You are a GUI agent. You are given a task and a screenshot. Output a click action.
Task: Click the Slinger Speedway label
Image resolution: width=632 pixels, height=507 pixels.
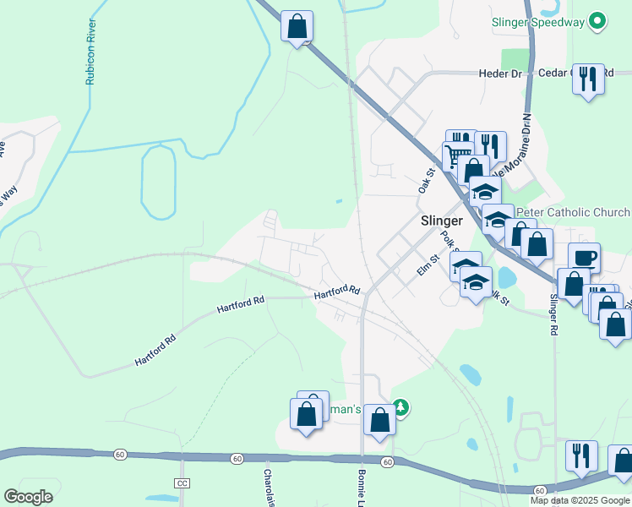(x=539, y=22)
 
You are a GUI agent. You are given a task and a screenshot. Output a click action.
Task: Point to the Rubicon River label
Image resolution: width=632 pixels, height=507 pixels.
(x=90, y=52)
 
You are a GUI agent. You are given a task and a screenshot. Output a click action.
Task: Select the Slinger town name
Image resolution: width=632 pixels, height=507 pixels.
(x=441, y=220)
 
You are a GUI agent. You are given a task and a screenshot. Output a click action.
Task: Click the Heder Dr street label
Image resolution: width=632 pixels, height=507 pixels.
(x=502, y=74)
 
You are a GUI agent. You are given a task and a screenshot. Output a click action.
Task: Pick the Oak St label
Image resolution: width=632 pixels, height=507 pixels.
(x=425, y=181)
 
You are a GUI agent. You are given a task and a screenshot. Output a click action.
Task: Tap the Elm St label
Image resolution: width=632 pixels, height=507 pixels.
(x=429, y=265)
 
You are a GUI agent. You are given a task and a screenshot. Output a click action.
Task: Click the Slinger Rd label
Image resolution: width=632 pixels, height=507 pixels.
(x=554, y=314)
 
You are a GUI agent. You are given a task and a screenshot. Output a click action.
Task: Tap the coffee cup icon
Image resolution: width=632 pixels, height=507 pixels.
(x=584, y=257)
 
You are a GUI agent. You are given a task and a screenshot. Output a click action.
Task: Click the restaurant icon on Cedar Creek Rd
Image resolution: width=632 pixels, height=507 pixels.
(x=588, y=79)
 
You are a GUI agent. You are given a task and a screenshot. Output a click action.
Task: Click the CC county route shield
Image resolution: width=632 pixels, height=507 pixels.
(x=183, y=482)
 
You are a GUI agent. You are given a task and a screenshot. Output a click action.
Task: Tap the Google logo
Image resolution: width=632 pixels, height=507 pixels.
(x=28, y=497)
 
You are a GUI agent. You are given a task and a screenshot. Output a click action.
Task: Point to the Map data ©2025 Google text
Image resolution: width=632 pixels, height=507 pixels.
(x=580, y=500)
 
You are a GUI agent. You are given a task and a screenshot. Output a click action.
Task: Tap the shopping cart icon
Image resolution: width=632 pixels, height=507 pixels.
(x=458, y=156)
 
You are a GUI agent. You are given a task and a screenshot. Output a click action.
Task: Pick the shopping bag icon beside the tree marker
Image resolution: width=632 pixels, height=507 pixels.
(x=379, y=419)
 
